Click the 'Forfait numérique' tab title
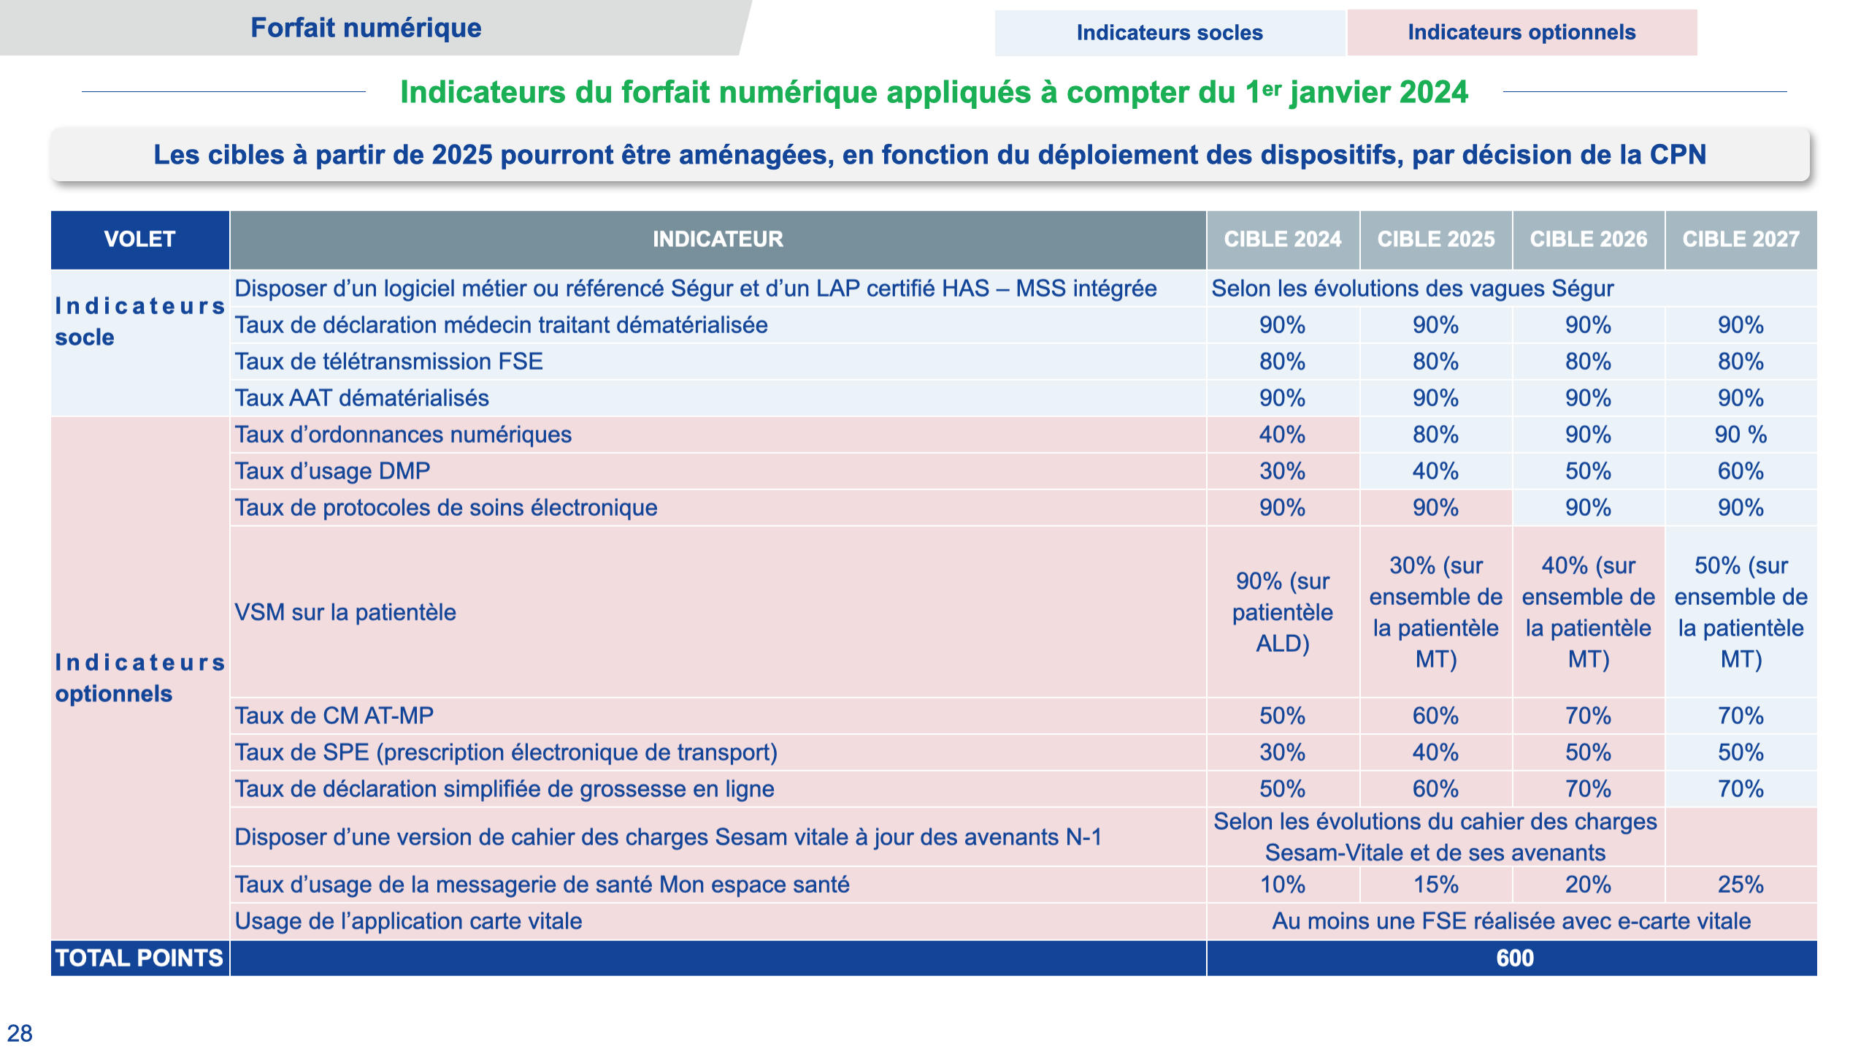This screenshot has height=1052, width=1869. point(366,28)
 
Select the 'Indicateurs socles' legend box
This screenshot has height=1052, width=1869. point(1170,33)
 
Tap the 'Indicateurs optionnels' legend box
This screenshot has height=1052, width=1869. point(1522,32)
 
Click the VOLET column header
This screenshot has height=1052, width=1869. point(139,240)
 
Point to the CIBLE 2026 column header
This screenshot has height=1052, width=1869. point(1589,240)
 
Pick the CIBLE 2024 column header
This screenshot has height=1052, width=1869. point(1283,240)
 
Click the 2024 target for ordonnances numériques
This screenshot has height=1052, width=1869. point(1283,435)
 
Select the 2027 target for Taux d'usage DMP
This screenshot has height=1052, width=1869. point(1741,471)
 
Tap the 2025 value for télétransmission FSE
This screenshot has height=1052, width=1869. point(1435,362)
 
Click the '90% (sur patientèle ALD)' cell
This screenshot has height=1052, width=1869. point(1283,612)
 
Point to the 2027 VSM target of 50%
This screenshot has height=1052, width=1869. point(1741,612)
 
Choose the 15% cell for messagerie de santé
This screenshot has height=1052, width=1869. point(1435,885)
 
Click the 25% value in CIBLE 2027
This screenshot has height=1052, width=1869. point(1741,885)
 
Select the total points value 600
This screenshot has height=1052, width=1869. point(1515,958)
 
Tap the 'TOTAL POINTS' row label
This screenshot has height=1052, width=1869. point(139,958)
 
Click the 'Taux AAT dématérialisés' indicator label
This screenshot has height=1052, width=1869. point(361,398)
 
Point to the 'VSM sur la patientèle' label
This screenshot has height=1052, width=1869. point(345,612)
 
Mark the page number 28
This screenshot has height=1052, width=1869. point(20,1033)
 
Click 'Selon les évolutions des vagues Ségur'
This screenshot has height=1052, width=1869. point(1413,289)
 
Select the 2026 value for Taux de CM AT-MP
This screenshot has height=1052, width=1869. point(1588,716)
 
